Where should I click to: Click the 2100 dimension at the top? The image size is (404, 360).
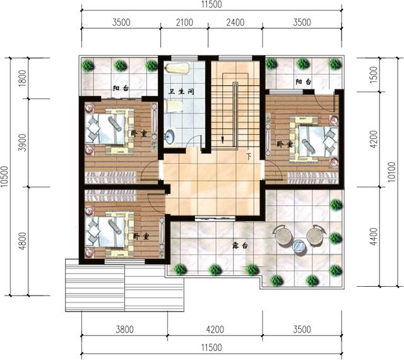tap(184, 23)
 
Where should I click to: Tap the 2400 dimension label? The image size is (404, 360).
tap(235, 23)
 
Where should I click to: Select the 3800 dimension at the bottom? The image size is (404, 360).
tap(125, 329)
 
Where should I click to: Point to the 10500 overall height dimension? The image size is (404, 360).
tap(4, 177)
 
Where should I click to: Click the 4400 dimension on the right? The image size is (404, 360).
tap(373, 236)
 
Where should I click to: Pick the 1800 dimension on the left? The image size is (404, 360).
tap(23, 78)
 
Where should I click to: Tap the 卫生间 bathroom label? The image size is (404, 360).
tap(181, 92)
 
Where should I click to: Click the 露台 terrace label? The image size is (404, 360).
tap(240, 246)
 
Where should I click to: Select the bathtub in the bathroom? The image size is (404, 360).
tap(178, 69)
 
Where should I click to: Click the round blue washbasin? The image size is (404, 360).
tap(170, 136)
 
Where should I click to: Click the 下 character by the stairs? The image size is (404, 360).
tap(249, 156)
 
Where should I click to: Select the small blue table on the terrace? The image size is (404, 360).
tap(299, 246)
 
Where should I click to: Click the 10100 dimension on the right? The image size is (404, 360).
tap(391, 172)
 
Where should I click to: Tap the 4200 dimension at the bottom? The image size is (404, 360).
tap(215, 329)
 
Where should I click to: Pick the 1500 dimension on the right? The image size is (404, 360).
tap(373, 75)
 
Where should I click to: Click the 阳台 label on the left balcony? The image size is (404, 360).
tap(121, 88)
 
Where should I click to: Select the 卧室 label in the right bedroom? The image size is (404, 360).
tap(285, 144)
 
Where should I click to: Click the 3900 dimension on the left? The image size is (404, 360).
tap(23, 143)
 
